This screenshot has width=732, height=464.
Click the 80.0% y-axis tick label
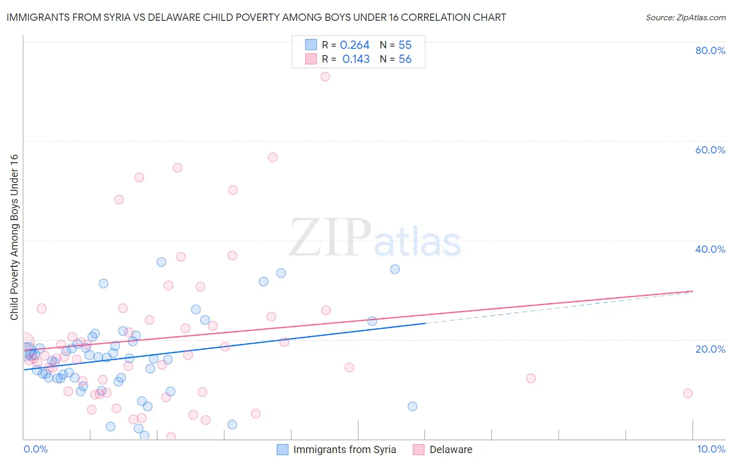(710, 50)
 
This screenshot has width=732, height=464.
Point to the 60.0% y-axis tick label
(710, 150)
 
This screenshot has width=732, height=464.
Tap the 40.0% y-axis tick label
(710, 249)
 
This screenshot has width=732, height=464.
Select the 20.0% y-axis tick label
(710, 349)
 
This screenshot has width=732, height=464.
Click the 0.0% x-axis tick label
(35, 449)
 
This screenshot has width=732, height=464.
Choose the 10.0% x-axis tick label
(711, 449)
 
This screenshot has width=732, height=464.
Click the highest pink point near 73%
(325, 76)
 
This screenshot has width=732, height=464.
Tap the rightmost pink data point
(688, 393)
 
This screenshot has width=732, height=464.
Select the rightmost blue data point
(412, 406)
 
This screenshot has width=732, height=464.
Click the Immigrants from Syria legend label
(344, 450)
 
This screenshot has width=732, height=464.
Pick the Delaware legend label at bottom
(451, 450)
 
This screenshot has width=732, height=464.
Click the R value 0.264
(355, 45)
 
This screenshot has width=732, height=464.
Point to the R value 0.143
(356, 59)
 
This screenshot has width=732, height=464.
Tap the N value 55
(405, 45)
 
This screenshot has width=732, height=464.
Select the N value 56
(405, 59)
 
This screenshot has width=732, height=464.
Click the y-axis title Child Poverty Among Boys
(14, 237)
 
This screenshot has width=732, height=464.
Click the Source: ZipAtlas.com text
(686, 18)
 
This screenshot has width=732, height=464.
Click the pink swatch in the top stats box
(311, 59)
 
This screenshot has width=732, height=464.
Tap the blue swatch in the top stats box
(311, 45)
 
